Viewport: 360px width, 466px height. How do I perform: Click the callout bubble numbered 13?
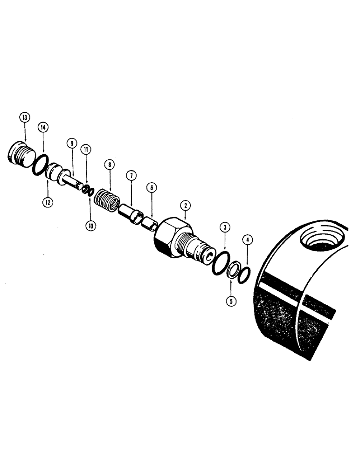coord(24,117)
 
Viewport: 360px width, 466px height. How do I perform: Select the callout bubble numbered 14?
coord(44,127)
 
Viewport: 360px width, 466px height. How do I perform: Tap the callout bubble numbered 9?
coord(71,144)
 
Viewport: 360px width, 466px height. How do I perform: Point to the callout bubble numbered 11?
coord(87,150)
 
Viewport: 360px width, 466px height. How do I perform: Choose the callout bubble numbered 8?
coord(109,164)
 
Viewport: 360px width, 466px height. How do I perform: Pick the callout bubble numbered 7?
coord(131,176)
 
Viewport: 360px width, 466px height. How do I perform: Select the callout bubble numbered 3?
coord(225,227)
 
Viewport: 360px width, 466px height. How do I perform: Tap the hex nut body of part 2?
coord(170,237)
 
